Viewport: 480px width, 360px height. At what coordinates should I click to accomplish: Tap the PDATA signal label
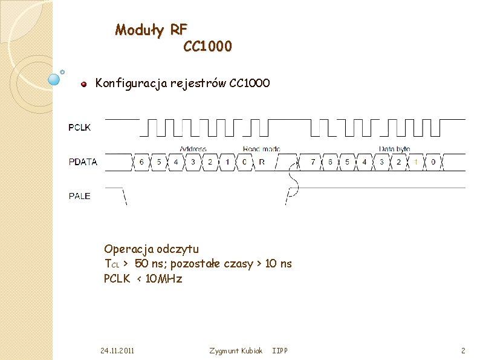(x=82, y=162)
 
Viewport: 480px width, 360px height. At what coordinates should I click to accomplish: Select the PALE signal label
(x=79, y=195)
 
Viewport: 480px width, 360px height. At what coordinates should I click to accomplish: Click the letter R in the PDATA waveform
(x=261, y=162)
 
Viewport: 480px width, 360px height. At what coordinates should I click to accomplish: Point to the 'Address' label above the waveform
(x=193, y=149)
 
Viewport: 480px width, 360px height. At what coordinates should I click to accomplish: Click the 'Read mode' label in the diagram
(x=261, y=149)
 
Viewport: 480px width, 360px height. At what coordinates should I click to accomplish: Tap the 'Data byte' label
(x=395, y=149)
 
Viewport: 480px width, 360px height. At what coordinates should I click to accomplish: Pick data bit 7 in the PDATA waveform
(x=313, y=162)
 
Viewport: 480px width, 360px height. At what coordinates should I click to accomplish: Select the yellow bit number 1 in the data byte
(x=416, y=162)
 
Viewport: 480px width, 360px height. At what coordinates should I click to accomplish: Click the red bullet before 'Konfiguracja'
(x=85, y=83)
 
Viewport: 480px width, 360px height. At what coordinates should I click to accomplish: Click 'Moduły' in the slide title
(x=139, y=30)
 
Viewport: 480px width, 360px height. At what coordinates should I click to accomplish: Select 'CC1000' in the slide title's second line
(x=207, y=46)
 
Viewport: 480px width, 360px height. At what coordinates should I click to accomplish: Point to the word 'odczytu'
(x=177, y=249)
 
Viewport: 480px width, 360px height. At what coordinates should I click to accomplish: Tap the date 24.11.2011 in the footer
(x=117, y=351)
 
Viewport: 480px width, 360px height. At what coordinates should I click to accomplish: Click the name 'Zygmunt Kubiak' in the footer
(x=235, y=351)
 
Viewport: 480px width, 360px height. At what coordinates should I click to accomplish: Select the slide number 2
(x=462, y=351)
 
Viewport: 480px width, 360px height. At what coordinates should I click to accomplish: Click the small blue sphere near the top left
(x=54, y=78)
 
